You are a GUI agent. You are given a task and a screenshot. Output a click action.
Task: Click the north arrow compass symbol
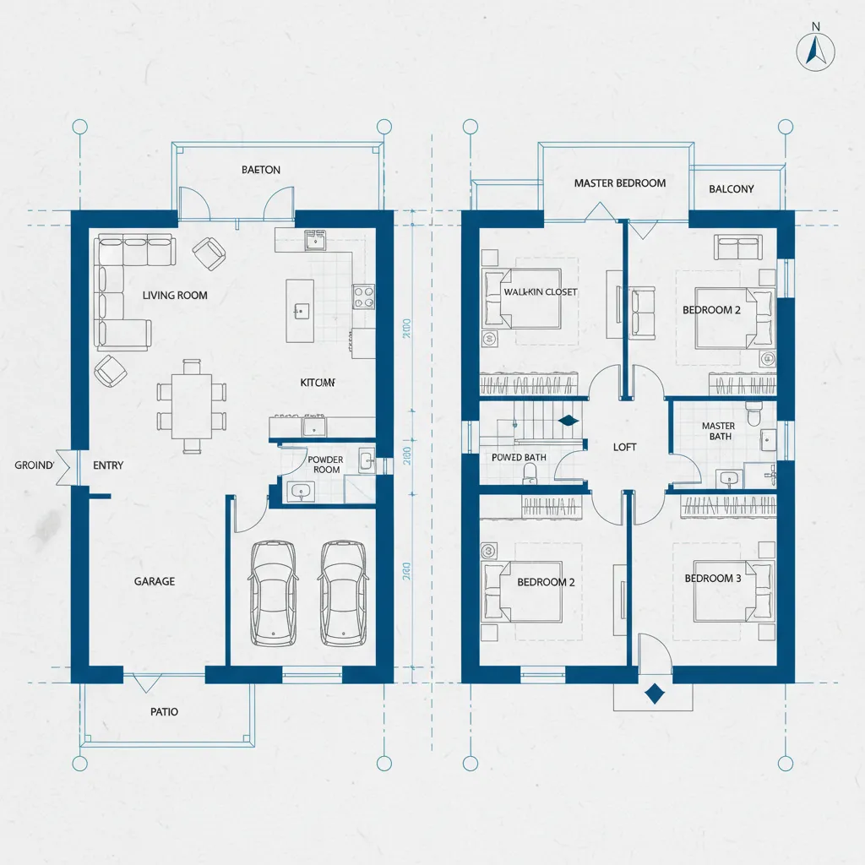point(814,50)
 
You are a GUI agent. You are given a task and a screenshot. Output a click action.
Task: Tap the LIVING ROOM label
point(175,296)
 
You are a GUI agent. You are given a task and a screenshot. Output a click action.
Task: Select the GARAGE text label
point(155,581)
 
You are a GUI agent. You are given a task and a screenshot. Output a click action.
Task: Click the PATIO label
point(164,711)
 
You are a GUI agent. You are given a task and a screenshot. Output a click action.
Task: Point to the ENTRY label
point(108,465)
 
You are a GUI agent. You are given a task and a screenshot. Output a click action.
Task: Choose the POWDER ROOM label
point(325,465)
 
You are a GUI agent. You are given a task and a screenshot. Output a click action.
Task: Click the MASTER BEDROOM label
point(619,183)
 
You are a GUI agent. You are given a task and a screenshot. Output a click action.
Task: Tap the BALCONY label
point(732,189)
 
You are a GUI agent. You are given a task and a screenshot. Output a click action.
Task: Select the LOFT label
point(625,447)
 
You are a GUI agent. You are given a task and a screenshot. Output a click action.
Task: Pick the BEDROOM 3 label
point(713,579)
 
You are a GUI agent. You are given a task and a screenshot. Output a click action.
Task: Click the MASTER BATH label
point(718,432)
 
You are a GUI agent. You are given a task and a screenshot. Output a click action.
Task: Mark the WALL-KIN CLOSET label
point(541,292)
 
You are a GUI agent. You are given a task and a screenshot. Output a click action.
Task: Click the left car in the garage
point(272,592)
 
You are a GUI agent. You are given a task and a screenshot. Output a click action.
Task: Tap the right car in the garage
point(343,592)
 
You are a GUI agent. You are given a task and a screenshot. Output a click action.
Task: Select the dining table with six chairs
point(192,405)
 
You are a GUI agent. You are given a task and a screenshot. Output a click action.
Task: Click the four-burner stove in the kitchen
point(363,296)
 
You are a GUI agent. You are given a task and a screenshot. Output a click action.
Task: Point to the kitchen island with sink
point(301,310)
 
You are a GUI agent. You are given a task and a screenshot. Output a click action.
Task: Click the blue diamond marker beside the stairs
point(567,420)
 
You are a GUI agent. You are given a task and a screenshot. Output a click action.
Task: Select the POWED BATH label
point(519,457)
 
